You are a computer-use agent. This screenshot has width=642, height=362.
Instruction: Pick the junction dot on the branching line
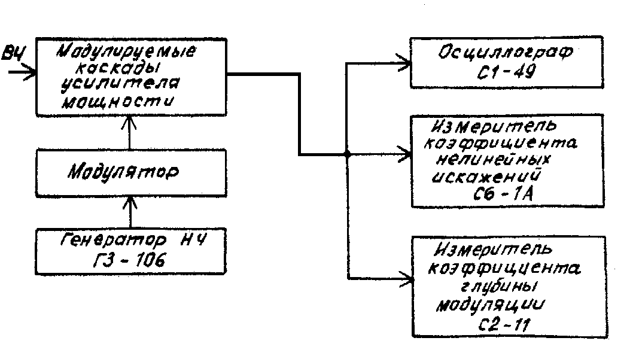(x=347, y=154)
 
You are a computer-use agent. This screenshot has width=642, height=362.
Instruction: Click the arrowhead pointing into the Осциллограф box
(x=404, y=61)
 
